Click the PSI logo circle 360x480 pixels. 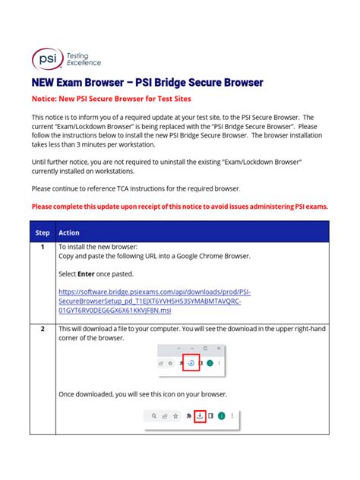pyautogui.click(x=44, y=58)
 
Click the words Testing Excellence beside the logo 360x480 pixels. pyautogui.click(x=84, y=59)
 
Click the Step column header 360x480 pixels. pyautogui.click(x=43, y=232)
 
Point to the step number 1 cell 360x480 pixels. pyautogui.click(x=43, y=248)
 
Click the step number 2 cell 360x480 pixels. pyautogui.click(x=43, y=328)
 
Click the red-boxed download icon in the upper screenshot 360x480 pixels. pyautogui.click(x=191, y=363)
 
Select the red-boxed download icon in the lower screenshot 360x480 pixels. pyautogui.click(x=199, y=416)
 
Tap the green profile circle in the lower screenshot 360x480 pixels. pyautogui.click(x=221, y=416)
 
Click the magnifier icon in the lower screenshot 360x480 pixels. pyautogui.click(x=155, y=416)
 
